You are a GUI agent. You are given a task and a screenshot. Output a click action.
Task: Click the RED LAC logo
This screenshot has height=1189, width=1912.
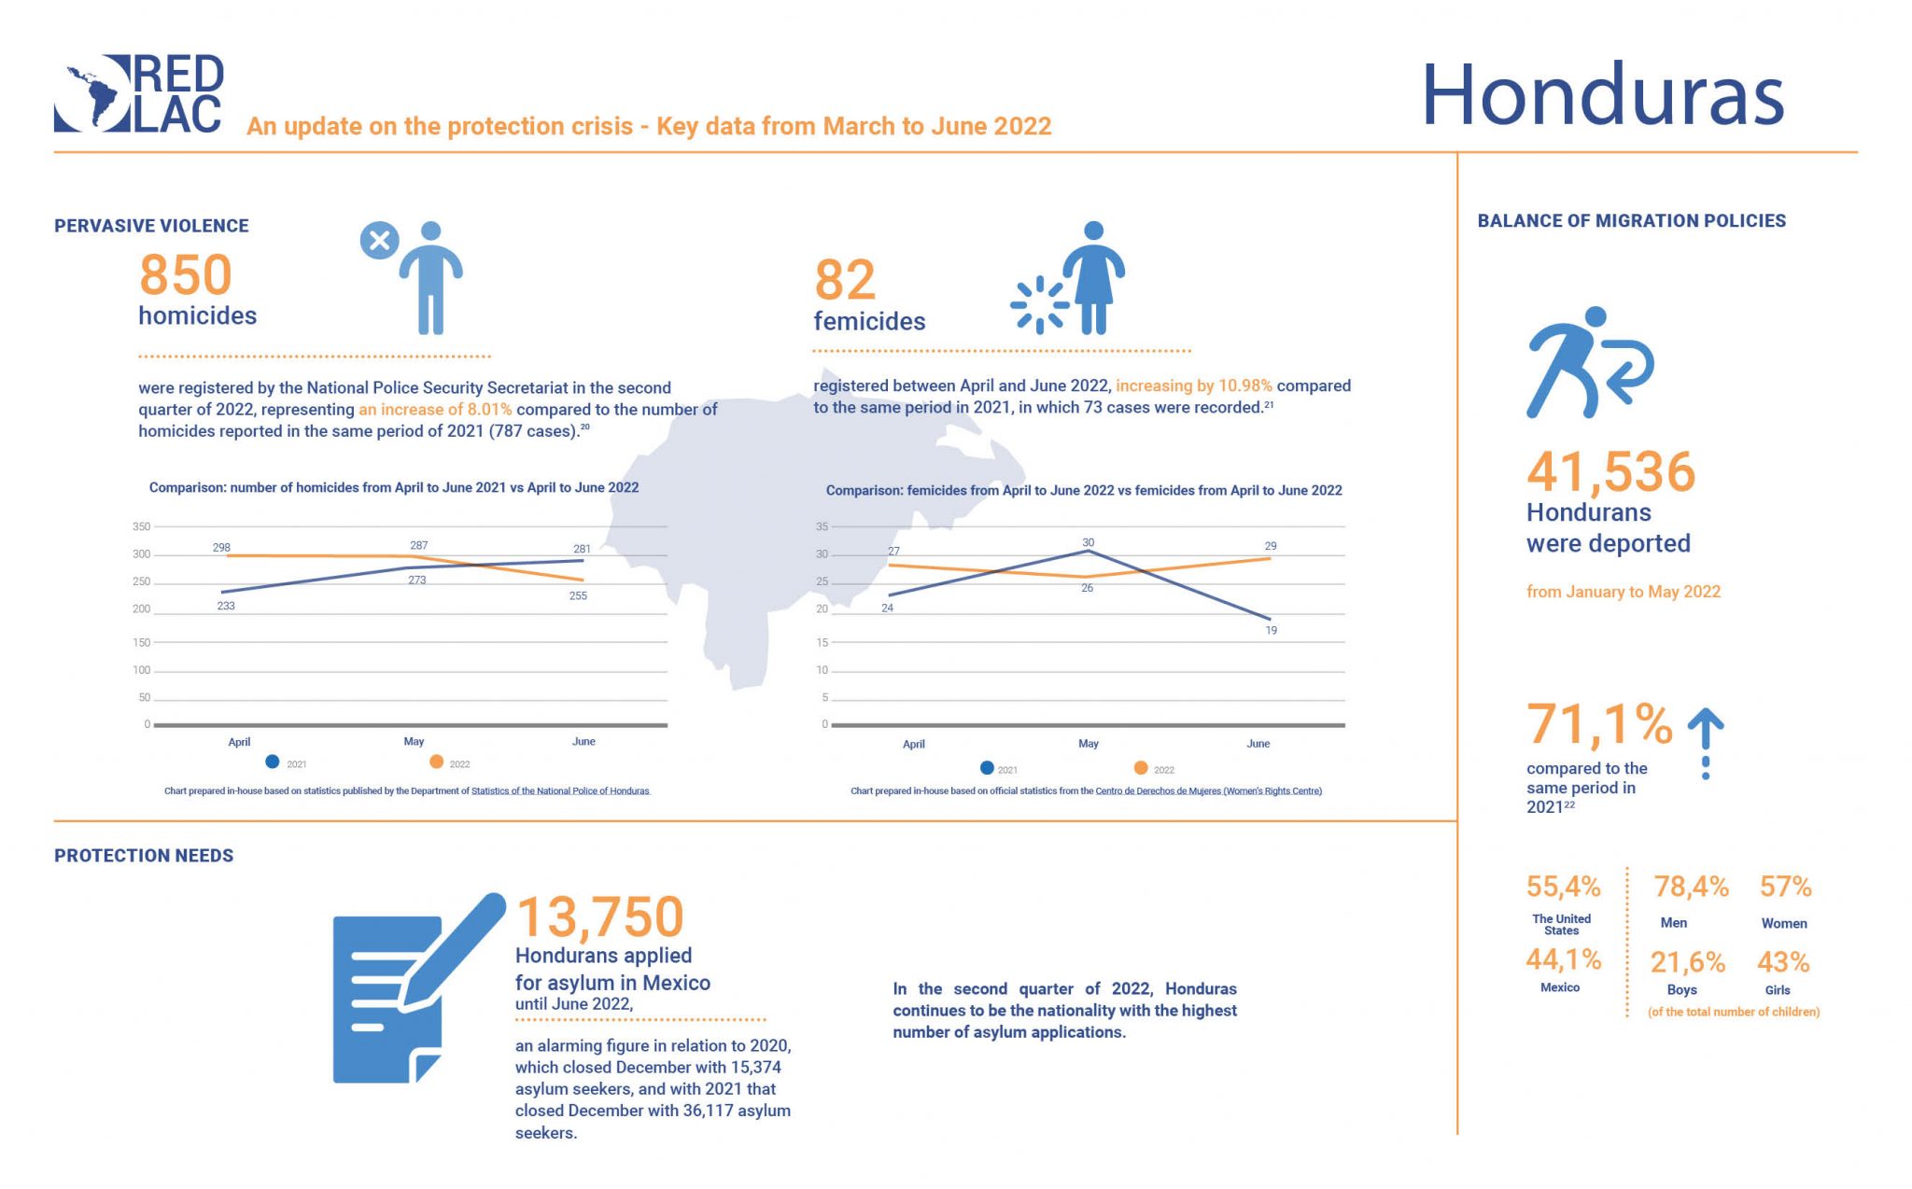click(138, 93)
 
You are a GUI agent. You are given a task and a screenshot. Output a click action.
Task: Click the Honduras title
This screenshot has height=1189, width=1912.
click(1602, 95)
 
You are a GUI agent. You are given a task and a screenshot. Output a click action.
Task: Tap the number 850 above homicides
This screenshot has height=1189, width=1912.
click(185, 274)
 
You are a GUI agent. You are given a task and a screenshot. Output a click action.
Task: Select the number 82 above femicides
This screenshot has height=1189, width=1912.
click(845, 279)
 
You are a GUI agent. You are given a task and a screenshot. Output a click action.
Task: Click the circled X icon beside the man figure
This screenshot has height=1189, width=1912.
click(379, 241)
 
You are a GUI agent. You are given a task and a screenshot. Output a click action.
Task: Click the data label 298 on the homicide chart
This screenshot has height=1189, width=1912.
click(221, 548)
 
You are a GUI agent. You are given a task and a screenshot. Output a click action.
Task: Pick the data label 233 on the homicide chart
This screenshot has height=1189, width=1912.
click(226, 606)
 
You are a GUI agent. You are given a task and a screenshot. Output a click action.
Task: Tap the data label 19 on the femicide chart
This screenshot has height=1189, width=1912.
click(1271, 630)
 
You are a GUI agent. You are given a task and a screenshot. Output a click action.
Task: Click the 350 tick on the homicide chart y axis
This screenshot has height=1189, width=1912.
click(141, 526)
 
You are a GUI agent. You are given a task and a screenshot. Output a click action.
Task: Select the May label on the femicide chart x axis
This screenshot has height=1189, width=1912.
click(1089, 744)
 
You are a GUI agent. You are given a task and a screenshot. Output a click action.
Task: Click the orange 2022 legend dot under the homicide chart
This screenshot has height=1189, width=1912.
click(436, 762)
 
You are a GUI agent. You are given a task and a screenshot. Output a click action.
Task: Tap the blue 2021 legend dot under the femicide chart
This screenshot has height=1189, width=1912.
click(987, 768)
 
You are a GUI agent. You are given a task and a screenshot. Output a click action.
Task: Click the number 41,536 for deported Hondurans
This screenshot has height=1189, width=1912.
click(1610, 471)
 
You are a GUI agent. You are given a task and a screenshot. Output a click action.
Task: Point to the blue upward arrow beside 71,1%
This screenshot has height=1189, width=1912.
click(1706, 741)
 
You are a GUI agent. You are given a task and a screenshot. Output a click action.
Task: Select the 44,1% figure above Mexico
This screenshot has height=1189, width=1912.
click(1563, 958)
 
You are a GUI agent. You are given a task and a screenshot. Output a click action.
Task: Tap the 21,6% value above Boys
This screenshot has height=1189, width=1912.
click(1687, 961)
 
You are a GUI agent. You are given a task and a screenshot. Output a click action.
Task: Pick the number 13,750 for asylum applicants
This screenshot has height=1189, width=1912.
click(599, 916)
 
